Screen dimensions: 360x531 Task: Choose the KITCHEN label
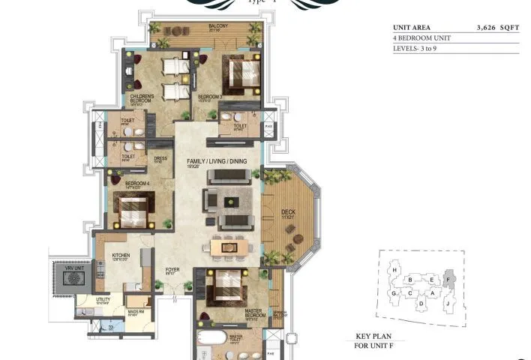(x=121, y=255)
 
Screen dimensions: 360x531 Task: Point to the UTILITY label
(x=103, y=298)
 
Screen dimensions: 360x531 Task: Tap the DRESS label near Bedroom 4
(x=160, y=158)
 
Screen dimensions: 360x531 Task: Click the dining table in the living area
(x=229, y=245)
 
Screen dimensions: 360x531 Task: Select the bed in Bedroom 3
(x=241, y=75)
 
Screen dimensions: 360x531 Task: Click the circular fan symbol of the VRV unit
(x=75, y=277)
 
